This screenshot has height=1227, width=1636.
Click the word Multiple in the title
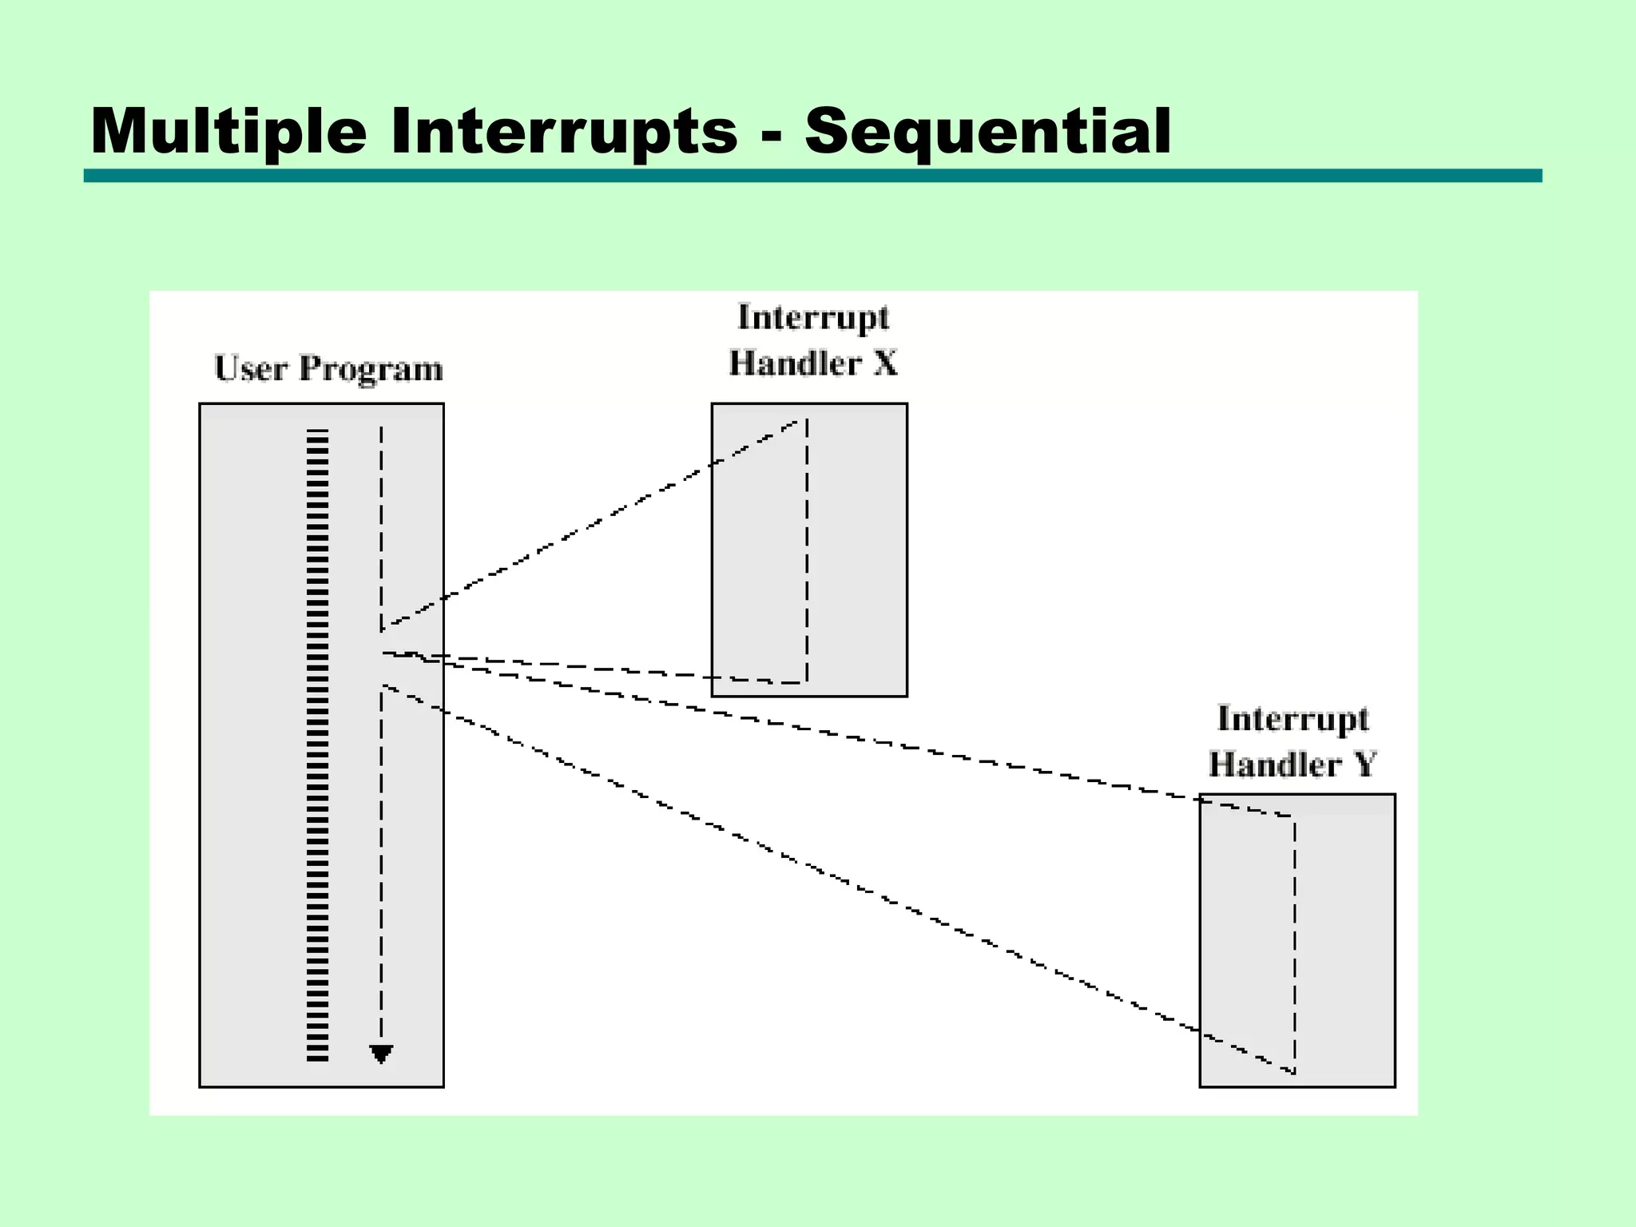228,132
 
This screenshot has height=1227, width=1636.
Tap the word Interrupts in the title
563,132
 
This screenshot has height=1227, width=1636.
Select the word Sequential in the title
987,132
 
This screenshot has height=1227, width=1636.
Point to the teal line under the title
812,176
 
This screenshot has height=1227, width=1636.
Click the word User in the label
251,369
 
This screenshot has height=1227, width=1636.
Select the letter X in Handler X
885,364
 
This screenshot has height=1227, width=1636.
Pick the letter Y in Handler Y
1364,764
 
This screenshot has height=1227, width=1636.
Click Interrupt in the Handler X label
812,318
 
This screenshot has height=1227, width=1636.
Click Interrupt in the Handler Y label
1292,719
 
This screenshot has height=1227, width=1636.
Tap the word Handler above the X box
795,364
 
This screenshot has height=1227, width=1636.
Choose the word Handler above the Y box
1274,764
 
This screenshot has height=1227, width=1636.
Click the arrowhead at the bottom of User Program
381,1054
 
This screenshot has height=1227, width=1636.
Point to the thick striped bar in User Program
318,743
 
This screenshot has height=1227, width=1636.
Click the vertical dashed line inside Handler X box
807,551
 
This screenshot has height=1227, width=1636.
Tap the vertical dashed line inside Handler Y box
1294,943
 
